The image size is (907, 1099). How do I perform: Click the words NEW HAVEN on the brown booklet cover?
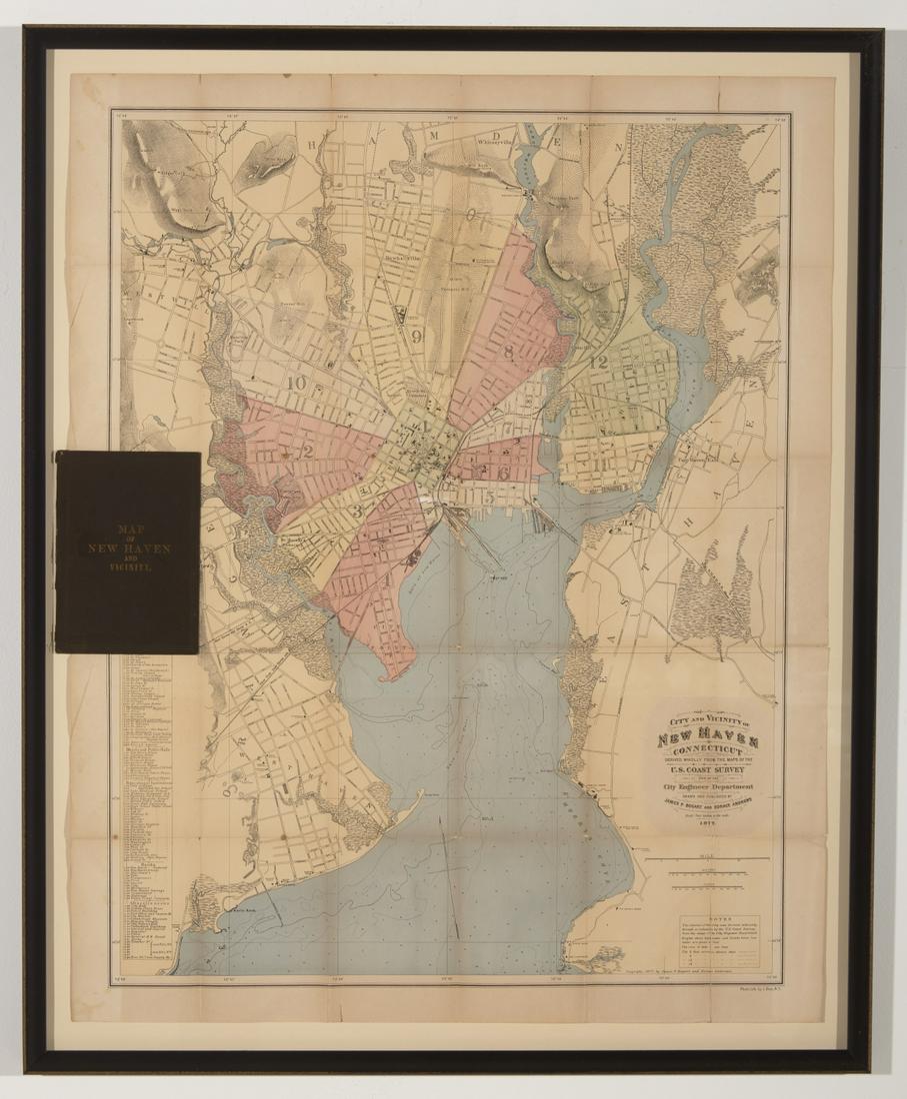127,548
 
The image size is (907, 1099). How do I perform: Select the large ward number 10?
295,381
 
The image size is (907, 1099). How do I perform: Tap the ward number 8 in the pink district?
509,351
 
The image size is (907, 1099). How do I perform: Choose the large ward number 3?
356,511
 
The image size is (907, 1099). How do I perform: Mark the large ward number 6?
503,473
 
